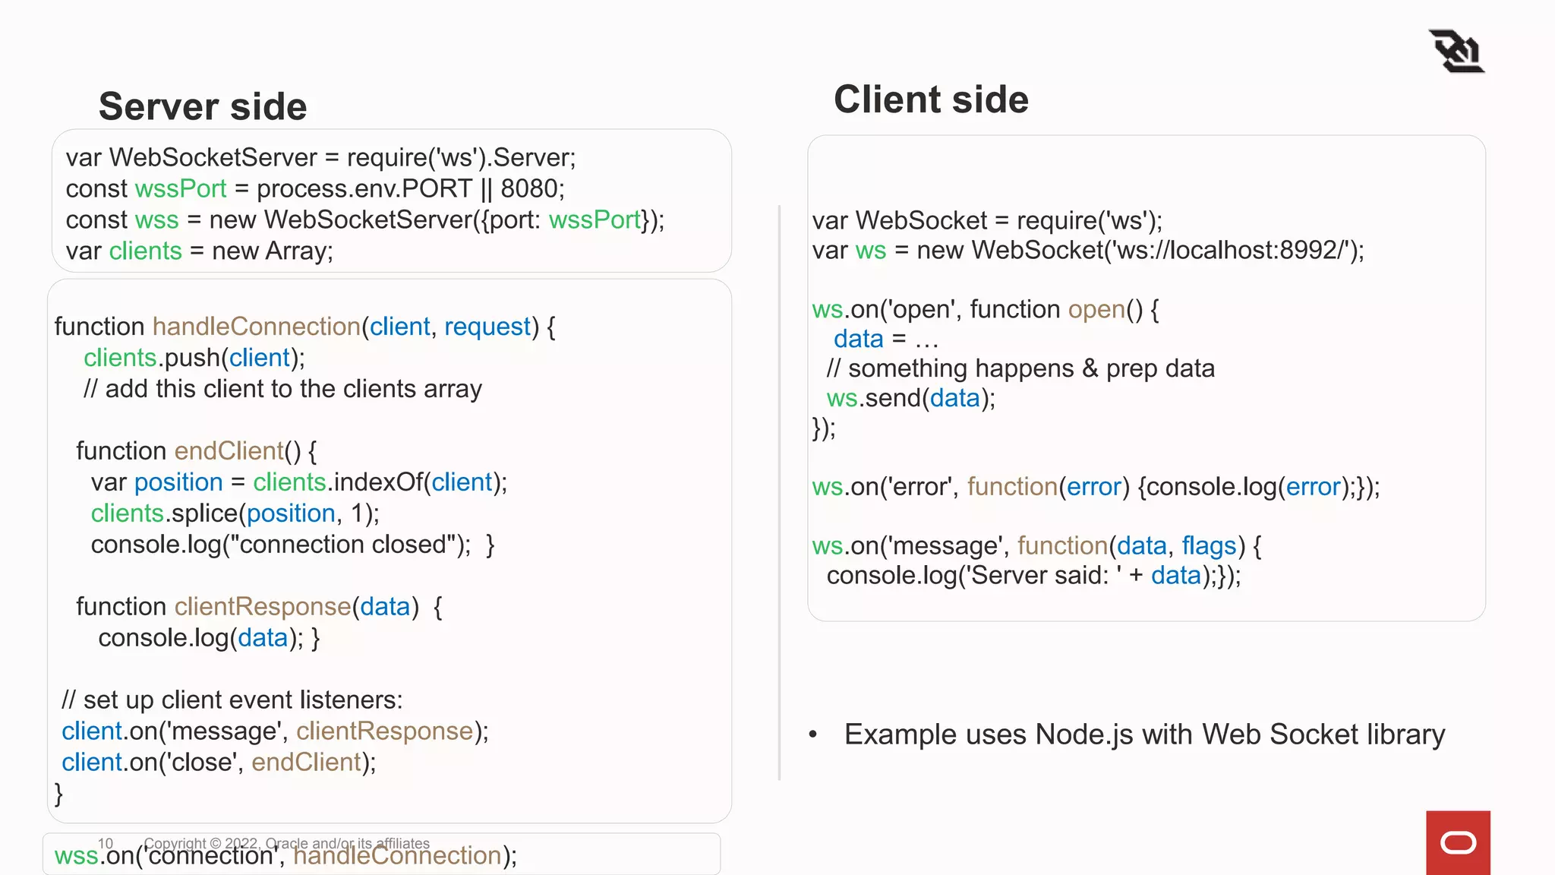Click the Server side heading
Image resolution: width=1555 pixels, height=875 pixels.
coord(203,106)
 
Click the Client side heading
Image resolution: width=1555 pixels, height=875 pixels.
coord(931,100)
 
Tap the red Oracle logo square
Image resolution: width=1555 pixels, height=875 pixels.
coord(1458,842)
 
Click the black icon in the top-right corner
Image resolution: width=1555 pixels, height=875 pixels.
coord(1456,51)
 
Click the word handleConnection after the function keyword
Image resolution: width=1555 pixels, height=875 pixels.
coord(257,327)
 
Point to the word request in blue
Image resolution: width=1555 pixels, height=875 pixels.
coord(487,327)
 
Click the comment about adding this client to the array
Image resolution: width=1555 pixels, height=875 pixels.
coord(282,389)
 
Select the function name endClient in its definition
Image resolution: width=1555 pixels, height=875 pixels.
coord(229,451)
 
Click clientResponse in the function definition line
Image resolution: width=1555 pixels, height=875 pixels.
coord(263,607)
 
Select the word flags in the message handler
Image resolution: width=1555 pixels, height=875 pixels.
coord(1209,545)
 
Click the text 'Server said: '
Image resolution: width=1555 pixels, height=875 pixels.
coord(1039,576)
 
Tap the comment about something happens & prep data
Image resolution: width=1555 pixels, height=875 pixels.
coord(1020,368)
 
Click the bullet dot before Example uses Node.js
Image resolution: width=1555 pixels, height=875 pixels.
coord(813,734)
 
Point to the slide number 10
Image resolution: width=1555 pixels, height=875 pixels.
coord(106,843)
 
